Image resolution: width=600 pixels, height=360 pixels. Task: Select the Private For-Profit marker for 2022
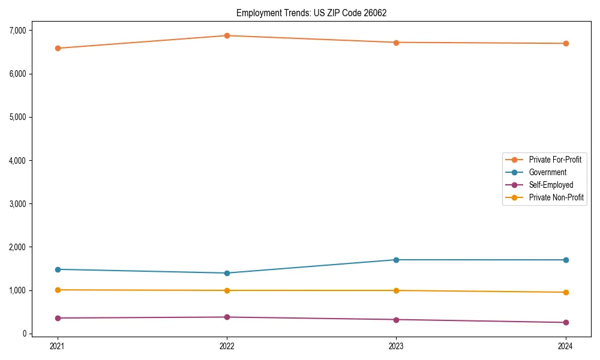click(x=227, y=35)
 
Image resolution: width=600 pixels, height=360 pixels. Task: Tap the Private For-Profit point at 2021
click(x=58, y=48)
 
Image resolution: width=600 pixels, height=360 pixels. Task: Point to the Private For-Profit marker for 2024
click(x=566, y=43)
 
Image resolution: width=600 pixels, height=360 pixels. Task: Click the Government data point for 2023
click(x=396, y=260)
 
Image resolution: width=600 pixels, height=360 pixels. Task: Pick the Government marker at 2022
click(x=227, y=273)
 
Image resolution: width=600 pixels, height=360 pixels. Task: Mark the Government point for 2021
click(x=58, y=269)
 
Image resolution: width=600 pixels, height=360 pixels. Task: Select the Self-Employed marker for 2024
click(x=566, y=322)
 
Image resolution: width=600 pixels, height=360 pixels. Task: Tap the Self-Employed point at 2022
click(x=227, y=317)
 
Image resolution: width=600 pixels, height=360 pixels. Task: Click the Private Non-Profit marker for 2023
click(x=396, y=290)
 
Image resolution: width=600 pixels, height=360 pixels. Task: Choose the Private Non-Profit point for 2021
click(x=58, y=290)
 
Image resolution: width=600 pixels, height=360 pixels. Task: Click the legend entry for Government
click(x=547, y=172)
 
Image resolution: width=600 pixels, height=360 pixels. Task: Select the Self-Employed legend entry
click(x=551, y=185)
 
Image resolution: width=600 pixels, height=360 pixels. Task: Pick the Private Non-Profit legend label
click(x=556, y=197)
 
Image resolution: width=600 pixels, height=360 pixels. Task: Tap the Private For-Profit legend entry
click(x=554, y=160)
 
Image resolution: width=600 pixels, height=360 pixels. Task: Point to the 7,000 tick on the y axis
click(x=17, y=31)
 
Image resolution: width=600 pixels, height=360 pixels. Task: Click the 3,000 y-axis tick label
click(x=17, y=204)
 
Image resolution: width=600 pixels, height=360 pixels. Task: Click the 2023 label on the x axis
click(x=396, y=346)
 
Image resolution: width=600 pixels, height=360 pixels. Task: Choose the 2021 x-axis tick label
click(x=58, y=346)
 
